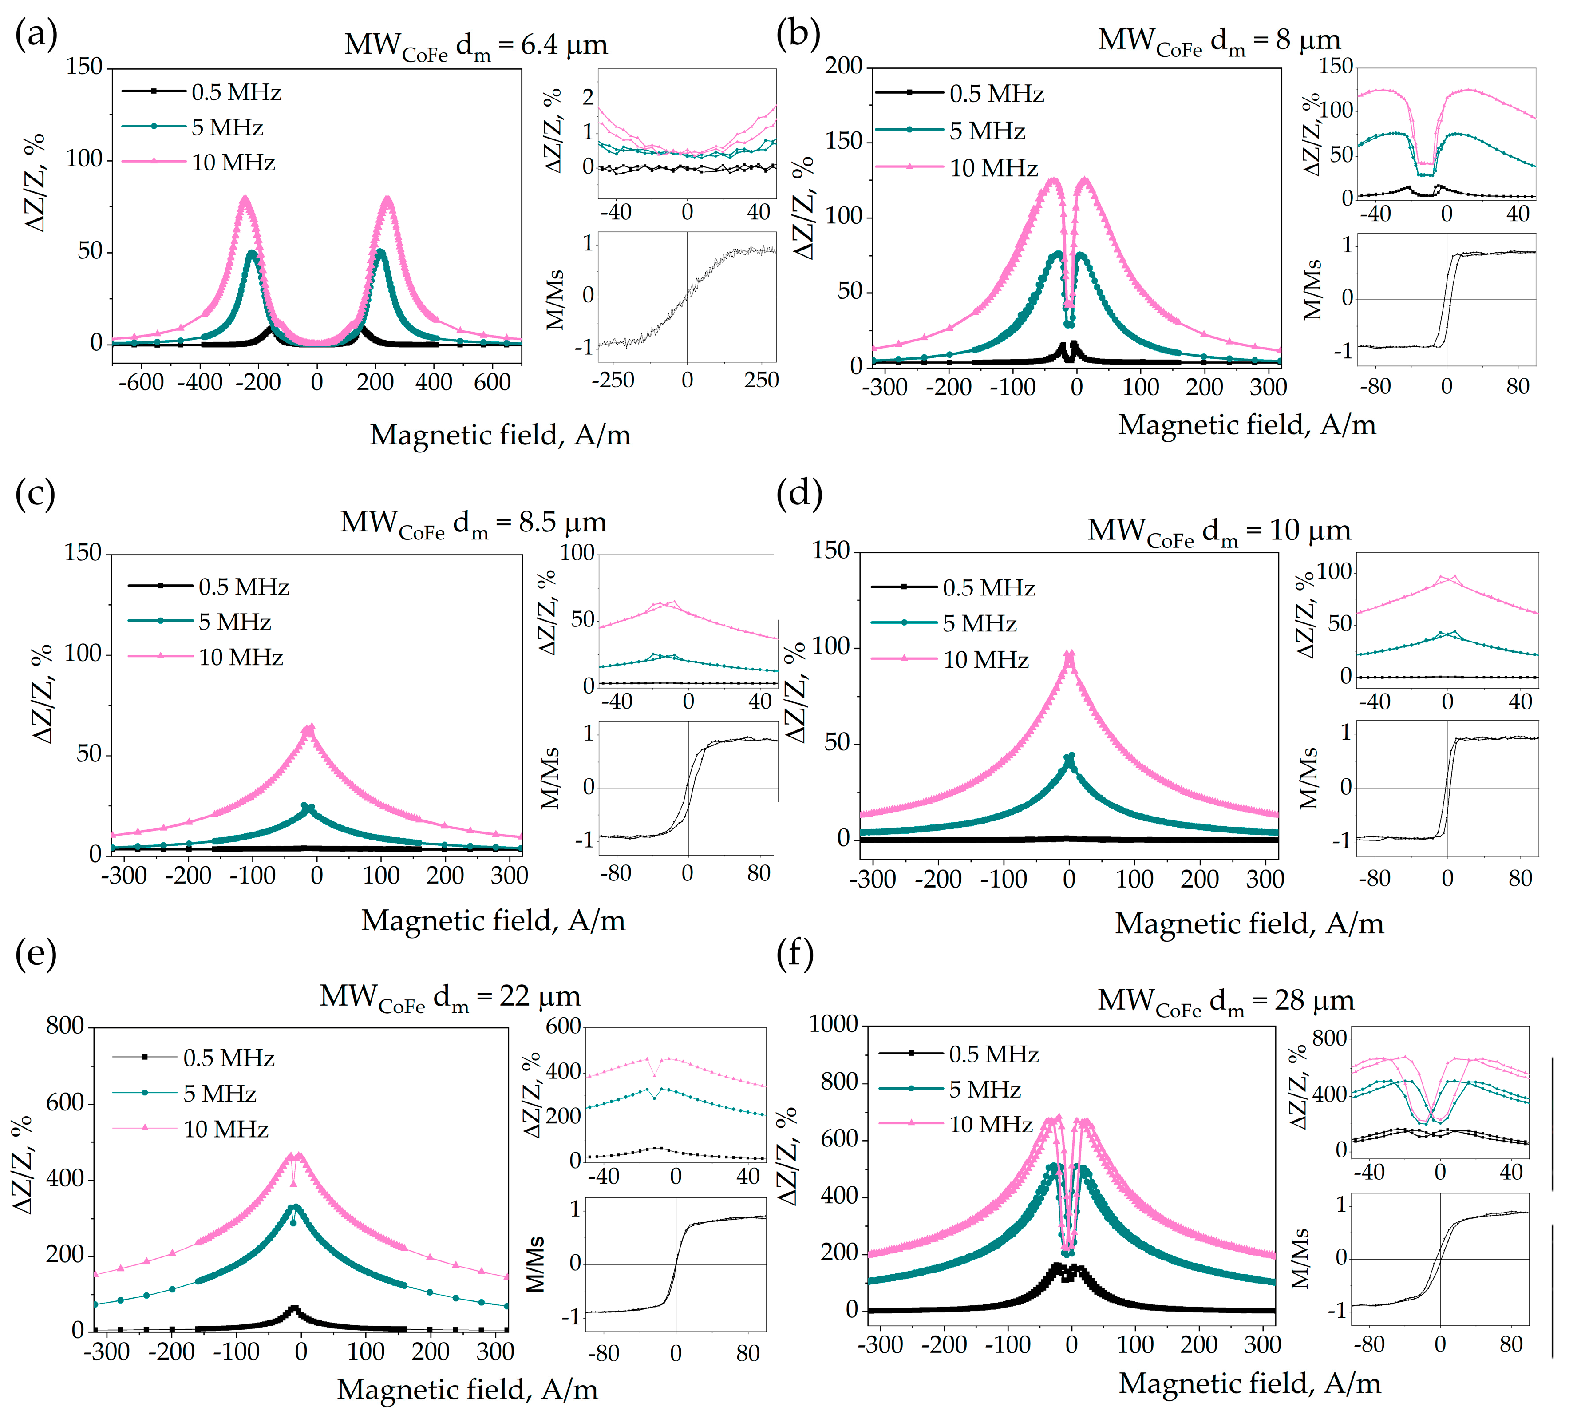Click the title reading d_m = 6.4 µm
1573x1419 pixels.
pos(475,45)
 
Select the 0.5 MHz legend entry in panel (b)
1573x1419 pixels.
pos(959,94)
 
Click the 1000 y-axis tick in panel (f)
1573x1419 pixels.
pos(833,1024)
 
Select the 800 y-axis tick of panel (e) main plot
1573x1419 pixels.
pos(65,1026)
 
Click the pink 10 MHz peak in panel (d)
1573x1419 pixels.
pos(1069,655)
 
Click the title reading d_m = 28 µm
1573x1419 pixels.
pos(1225,1000)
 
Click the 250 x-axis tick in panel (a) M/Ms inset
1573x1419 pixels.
pos(761,381)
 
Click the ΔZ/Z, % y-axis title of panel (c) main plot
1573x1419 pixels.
pos(43,694)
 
